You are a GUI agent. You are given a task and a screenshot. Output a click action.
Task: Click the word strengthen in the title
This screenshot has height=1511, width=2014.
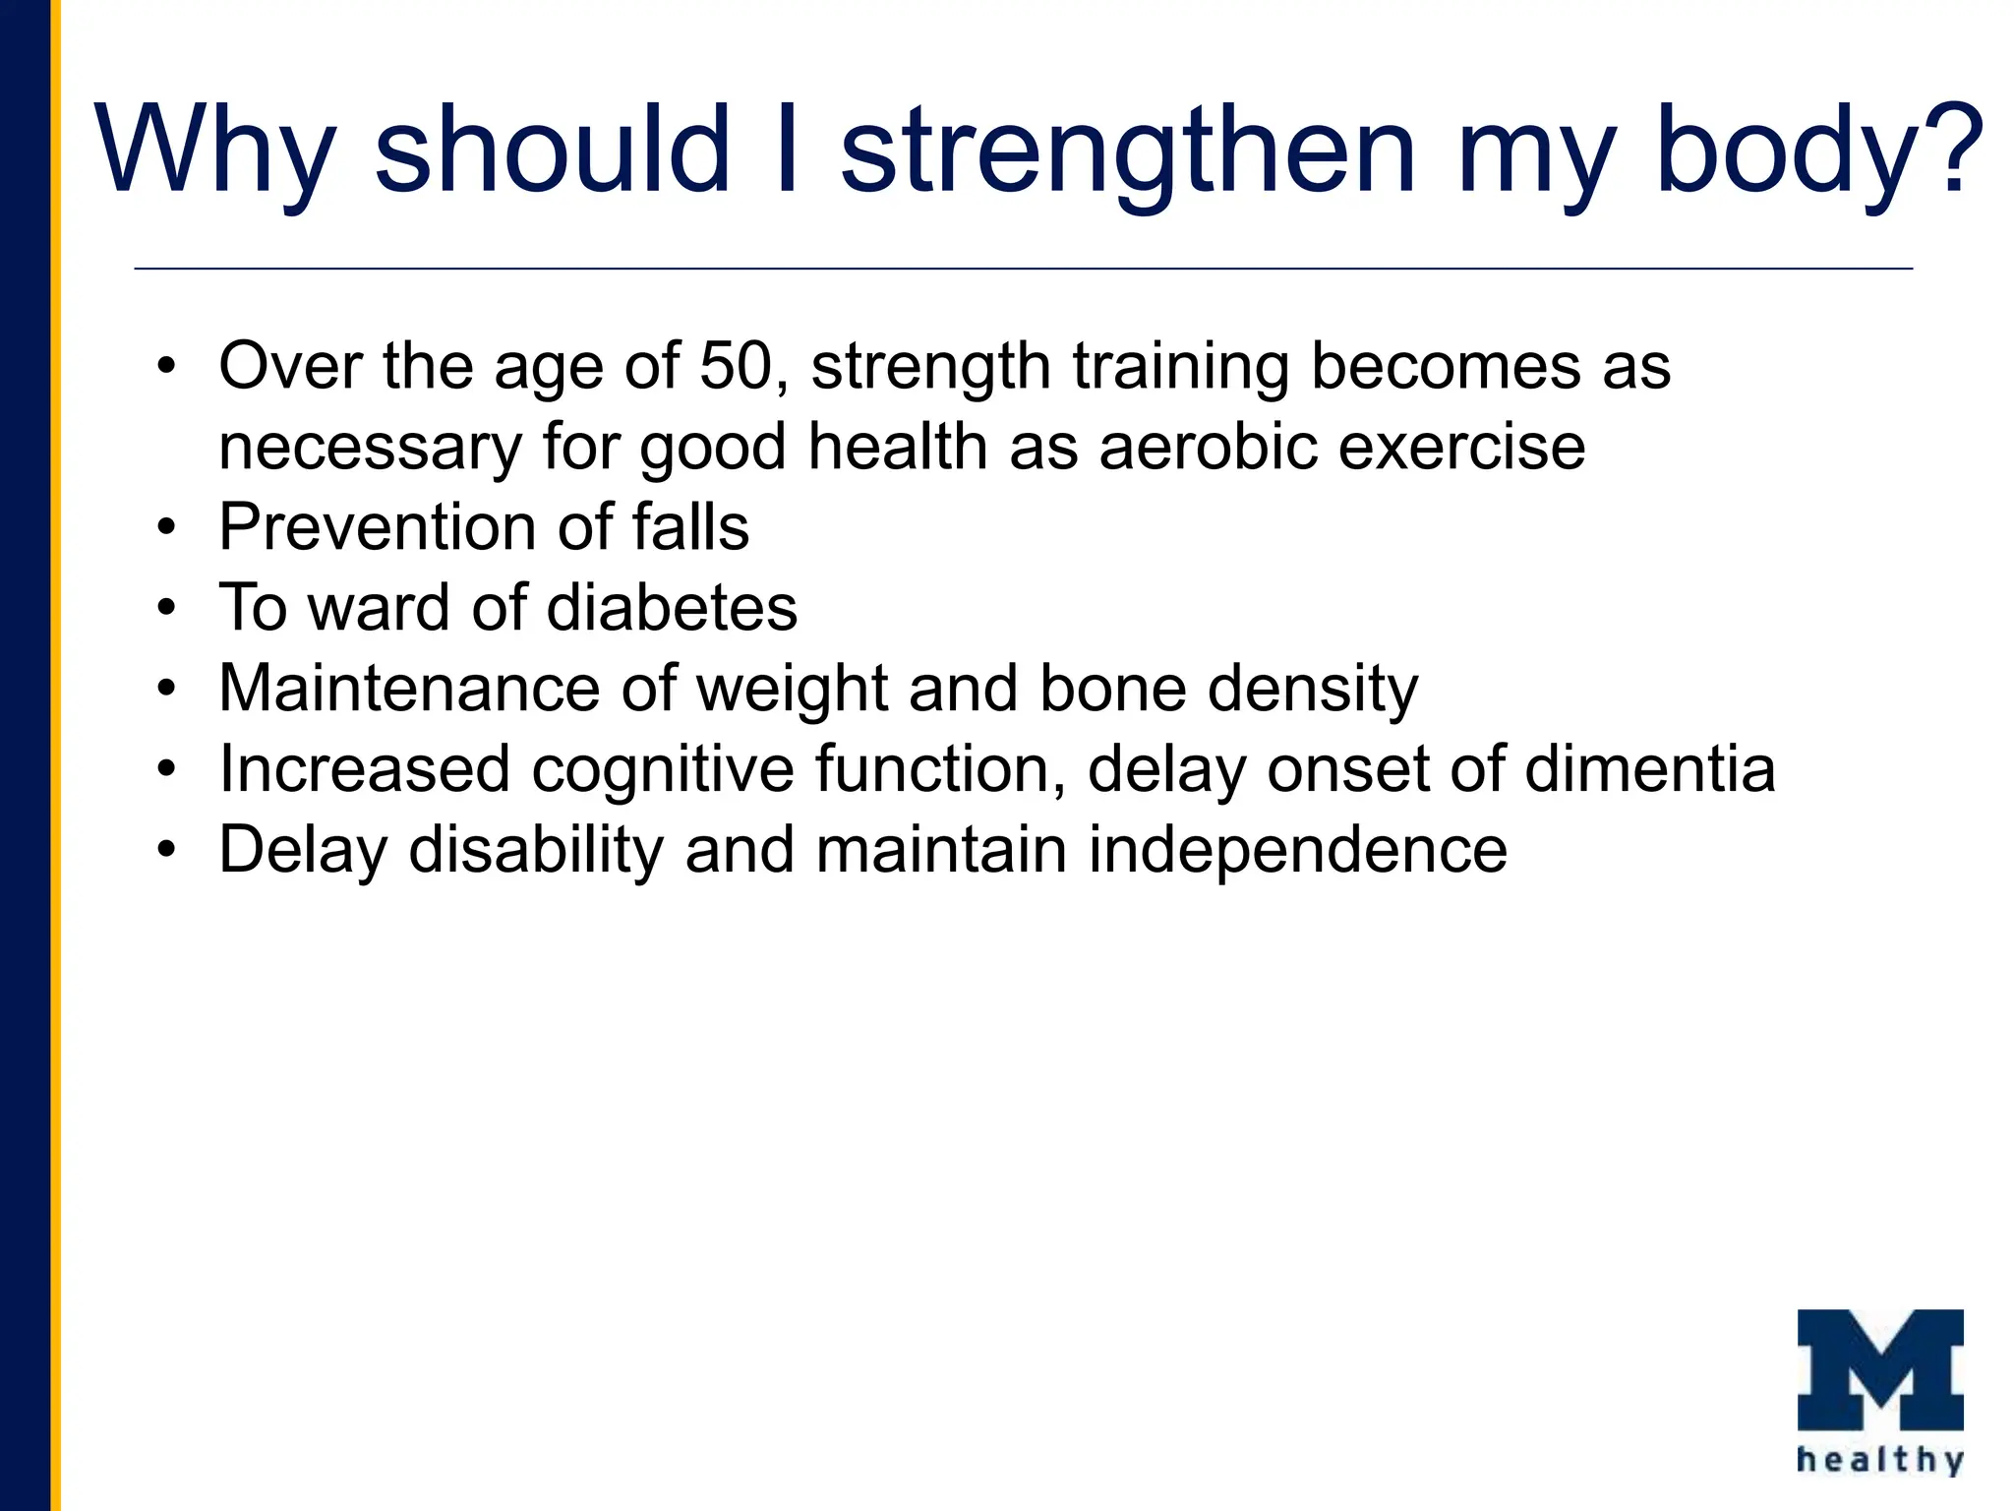click(1128, 152)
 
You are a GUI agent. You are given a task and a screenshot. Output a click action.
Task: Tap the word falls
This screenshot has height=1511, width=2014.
click(690, 527)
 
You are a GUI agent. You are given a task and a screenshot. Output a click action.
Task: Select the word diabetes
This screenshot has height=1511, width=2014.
click(672, 608)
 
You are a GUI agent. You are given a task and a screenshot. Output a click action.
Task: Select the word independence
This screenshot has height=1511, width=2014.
click(1297, 850)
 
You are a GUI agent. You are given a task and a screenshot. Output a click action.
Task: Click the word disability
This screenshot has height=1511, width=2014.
click(536, 850)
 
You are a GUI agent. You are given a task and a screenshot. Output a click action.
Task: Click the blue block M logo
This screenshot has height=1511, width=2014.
click(1880, 1369)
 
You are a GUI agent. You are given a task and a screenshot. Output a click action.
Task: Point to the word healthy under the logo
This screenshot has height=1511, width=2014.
click(1880, 1460)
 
